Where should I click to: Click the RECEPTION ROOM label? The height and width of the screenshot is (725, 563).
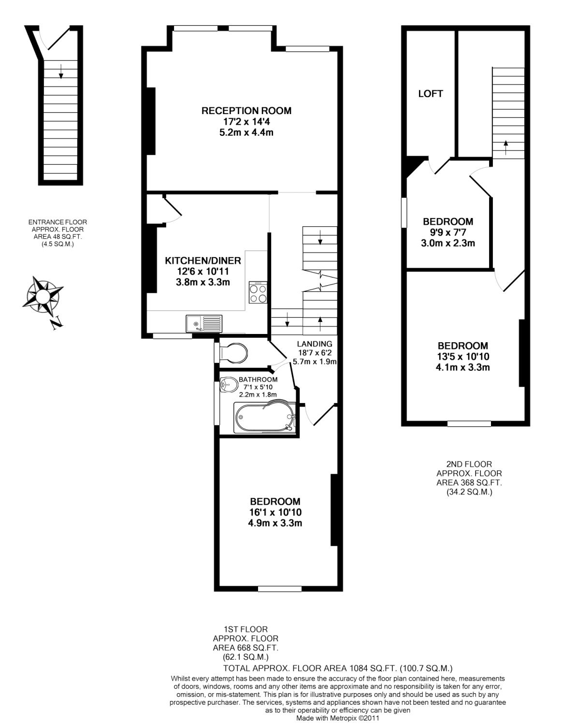(x=246, y=111)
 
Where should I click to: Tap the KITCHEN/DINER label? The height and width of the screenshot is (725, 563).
(x=203, y=261)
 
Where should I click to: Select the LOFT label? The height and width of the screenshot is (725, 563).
(x=431, y=94)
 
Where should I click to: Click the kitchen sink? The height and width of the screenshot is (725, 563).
(x=204, y=322)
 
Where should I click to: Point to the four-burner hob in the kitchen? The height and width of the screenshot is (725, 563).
(x=258, y=292)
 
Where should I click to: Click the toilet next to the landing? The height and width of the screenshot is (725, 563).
(x=232, y=353)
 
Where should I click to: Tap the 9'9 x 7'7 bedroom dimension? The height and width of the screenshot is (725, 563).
(x=448, y=232)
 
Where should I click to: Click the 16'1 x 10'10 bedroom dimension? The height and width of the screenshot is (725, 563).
(x=275, y=512)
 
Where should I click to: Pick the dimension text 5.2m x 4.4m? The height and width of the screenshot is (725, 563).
(x=246, y=132)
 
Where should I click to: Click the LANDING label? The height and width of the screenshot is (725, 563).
(x=315, y=344)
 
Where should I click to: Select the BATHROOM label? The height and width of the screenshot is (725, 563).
(x=258, y=380)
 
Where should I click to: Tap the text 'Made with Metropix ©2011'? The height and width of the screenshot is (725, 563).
(x=338, y=718)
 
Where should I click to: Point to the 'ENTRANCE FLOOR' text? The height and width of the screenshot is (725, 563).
(x=58, y=222)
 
